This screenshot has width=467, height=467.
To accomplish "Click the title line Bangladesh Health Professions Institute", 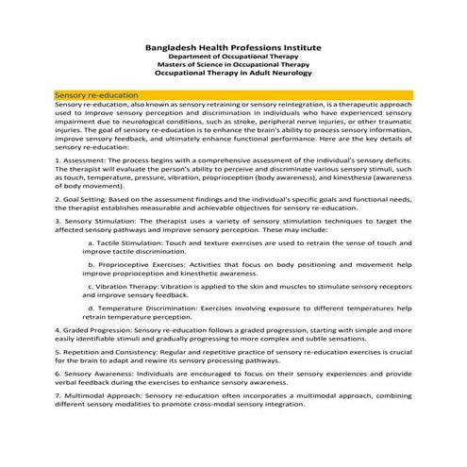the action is [x=233, y=46].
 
